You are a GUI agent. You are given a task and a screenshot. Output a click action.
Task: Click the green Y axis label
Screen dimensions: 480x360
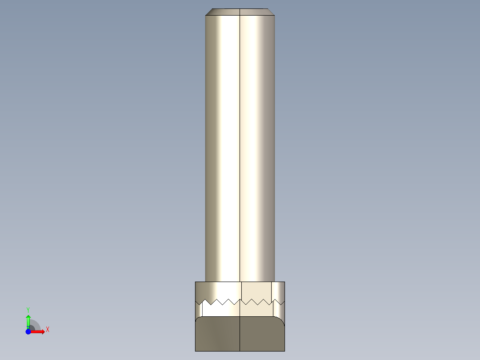click(28, 310)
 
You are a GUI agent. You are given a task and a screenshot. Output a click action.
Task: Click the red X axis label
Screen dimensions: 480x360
click(48, 330)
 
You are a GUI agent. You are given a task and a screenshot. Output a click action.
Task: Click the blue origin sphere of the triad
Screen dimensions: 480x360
click(28, 332)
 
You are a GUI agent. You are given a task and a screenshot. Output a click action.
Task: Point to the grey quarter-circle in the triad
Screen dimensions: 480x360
click(35, 325)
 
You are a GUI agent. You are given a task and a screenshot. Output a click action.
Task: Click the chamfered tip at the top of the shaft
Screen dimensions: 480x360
click(240, 12)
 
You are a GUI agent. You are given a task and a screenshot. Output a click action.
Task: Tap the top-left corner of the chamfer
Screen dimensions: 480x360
click(212, 8)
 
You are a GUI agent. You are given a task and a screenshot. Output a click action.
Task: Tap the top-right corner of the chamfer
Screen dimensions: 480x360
click(268, 8)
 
